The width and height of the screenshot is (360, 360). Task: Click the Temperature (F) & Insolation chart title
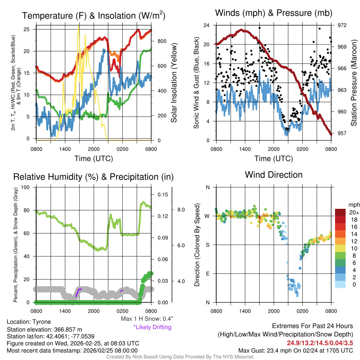(94, 16)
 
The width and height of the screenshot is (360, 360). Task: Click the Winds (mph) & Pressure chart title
(274, 13)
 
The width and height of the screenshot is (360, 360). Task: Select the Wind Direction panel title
(274, 175)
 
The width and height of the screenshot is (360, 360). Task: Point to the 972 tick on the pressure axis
(342, 25)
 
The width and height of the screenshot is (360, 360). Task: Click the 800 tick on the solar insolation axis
(161, 41)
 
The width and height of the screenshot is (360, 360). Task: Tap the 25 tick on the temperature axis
(31, 29)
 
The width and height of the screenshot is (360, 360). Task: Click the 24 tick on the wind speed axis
(207, 25)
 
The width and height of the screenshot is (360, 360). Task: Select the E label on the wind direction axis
(207, 274)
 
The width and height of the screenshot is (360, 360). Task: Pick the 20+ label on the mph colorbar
(352, 213)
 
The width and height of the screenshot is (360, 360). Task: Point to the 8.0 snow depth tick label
(181, 210)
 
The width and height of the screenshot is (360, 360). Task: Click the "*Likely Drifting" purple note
(152, 327)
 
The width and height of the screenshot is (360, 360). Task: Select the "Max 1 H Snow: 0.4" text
(147, 319)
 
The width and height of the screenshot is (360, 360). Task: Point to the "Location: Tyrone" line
(29, 322)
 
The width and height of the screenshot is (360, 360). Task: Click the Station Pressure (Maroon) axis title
(354, 83)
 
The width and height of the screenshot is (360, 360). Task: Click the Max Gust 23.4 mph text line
(295, 350)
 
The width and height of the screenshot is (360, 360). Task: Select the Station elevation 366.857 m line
(44, 330)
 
